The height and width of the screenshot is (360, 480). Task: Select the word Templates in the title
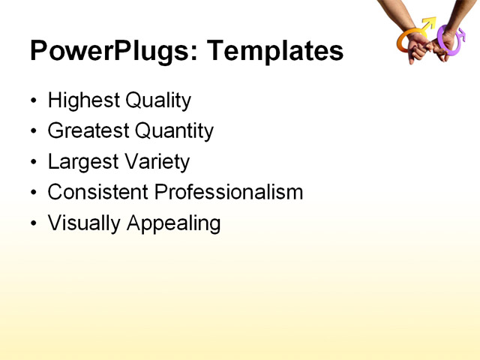click(275, 51)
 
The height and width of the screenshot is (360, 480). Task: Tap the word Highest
click(80, 100)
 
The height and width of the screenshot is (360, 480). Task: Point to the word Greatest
click(88, 131)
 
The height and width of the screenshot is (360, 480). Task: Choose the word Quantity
click(174, 131)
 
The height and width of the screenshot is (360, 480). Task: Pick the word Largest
click(82, 162)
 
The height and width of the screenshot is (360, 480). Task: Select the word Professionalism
click(228, 193)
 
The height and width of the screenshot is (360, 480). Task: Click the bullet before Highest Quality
click(33, 100)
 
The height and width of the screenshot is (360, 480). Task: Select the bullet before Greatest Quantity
click(33, 131)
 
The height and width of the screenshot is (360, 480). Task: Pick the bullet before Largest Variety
click(33, 162)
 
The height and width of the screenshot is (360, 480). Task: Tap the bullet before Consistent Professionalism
click(33, 193)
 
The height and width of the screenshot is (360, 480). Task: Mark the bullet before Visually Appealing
click(33, 223)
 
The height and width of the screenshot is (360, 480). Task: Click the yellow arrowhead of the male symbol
click(429, 23)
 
